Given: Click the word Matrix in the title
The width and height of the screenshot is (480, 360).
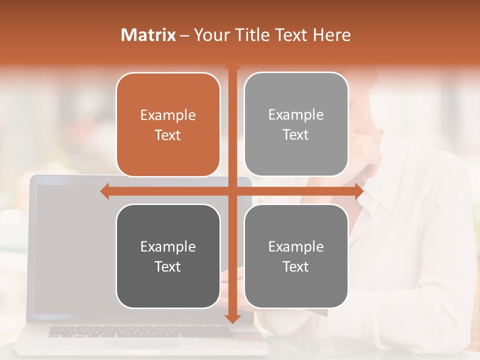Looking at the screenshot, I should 148,35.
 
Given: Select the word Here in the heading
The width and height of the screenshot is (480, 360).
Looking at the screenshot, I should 331,35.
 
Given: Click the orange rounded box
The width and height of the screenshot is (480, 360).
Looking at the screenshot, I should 168,125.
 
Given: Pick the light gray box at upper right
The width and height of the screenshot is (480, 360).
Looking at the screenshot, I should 296,124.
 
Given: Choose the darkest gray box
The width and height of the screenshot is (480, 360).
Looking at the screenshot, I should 168,256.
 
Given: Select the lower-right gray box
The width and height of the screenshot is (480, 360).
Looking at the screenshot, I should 296,256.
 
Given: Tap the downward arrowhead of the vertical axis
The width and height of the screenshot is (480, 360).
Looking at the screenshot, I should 232,318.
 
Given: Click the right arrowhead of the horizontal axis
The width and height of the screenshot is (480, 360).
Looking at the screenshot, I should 359,191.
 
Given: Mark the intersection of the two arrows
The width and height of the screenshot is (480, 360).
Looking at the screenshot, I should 232,191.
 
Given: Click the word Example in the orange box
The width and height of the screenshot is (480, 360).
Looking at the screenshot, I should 168,115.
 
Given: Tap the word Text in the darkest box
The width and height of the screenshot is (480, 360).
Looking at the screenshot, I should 168,266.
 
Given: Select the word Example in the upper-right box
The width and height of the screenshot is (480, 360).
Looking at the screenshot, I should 296,115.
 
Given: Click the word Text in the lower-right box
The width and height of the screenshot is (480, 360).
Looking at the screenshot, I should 296,266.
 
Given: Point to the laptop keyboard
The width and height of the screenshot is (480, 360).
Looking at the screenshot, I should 140,331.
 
